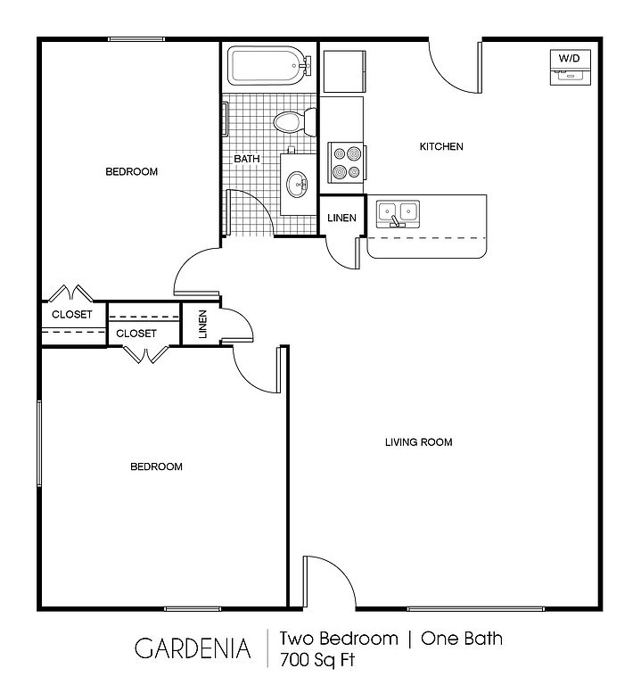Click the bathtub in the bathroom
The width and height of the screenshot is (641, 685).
(x=269, y=66)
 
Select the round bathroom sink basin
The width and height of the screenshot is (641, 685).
(x=297, y=185)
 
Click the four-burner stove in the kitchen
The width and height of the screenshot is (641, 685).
(x=346, y=162)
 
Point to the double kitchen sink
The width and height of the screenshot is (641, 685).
(x=398, y=214)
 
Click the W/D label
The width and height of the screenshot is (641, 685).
(x=570, y=58)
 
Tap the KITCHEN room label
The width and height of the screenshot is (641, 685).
(x=441, y=146)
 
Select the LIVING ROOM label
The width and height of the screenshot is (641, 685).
(x=419, y=442)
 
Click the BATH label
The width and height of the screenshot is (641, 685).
(x=247, y=159)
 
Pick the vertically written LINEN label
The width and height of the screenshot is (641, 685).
(x=202, y=324)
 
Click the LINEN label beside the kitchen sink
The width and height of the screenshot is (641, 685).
(x=341, y=218)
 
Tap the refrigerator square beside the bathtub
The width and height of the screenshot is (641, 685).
(x=344, y=71)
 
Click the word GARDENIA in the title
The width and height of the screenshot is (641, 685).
(x=193, y=648)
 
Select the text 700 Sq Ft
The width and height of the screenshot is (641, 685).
(x=317, y=660)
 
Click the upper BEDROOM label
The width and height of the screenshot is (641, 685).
(x=131, y=171)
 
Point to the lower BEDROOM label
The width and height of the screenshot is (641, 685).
(x=156, y=466)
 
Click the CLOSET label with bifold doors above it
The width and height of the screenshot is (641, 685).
(x=72, y=314)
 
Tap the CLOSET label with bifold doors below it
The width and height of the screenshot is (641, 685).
(x=136, y=334)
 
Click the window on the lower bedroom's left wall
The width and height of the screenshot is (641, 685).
(x=39, y=443)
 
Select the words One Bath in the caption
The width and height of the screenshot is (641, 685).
(x=462, y=639)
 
